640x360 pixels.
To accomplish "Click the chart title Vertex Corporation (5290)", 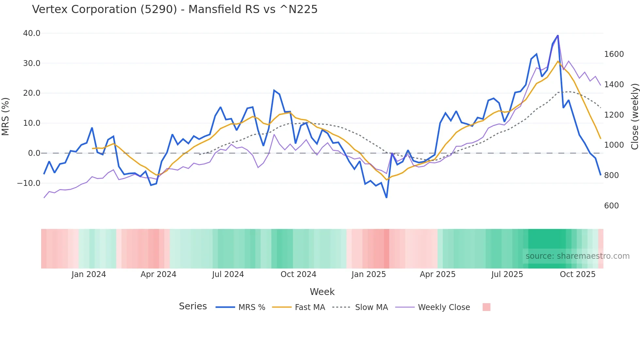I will (x=175, y=9).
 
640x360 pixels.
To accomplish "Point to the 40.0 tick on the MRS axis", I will (x=32, y=33).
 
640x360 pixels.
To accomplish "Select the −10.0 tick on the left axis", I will (x=29, y=183).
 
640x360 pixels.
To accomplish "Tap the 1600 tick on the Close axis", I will (x=614, y=54).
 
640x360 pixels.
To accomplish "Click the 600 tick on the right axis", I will (x=611, y=206).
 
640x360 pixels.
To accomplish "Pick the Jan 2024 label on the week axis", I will (x=88, y=274).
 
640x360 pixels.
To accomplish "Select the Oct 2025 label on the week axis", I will (x=577, y=274).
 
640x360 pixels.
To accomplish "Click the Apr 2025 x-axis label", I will (x=438, y=274).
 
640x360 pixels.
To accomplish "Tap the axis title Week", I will (x=322, y=292).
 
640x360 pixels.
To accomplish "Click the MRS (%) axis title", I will (x=6, y=116).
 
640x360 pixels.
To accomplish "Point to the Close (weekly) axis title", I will (x=634, y=116).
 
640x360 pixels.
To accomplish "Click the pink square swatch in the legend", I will (x=486, y=307).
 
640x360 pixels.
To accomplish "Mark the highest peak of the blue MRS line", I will (x=558, y=35).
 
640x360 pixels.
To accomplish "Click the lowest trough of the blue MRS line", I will (x=387, y=198).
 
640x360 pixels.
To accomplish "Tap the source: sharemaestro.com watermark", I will (x=577, y=256).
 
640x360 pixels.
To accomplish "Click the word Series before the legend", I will (x=193, y=306).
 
